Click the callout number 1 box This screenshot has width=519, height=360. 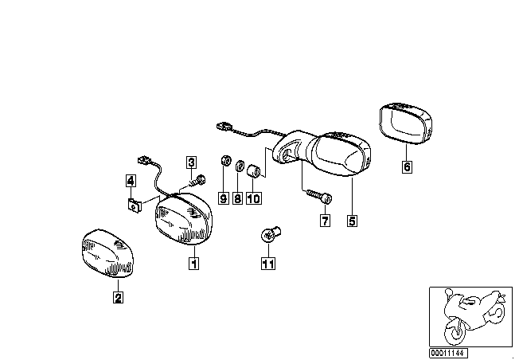tap(192, 260)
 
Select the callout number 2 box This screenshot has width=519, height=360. tap(118, 298)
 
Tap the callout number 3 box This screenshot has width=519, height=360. tap(192, 162)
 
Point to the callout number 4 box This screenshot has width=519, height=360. tap(130, 180)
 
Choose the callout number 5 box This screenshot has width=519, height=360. tap(352, 221)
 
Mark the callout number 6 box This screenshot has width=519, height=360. tap(407, 167)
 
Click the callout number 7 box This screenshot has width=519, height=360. tap(325, 221)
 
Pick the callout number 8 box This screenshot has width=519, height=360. tap(237, 198)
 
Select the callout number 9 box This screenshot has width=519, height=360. tap(223, 198)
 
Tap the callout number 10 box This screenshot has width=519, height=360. tap(254, 198)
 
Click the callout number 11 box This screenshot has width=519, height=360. tap(268, 260)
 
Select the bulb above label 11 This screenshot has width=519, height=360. tap(269, 234)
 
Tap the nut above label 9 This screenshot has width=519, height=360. tap(224, 162)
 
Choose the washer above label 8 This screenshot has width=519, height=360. tap(238, 166)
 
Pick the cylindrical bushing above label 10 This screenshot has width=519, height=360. tap(254, 170)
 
